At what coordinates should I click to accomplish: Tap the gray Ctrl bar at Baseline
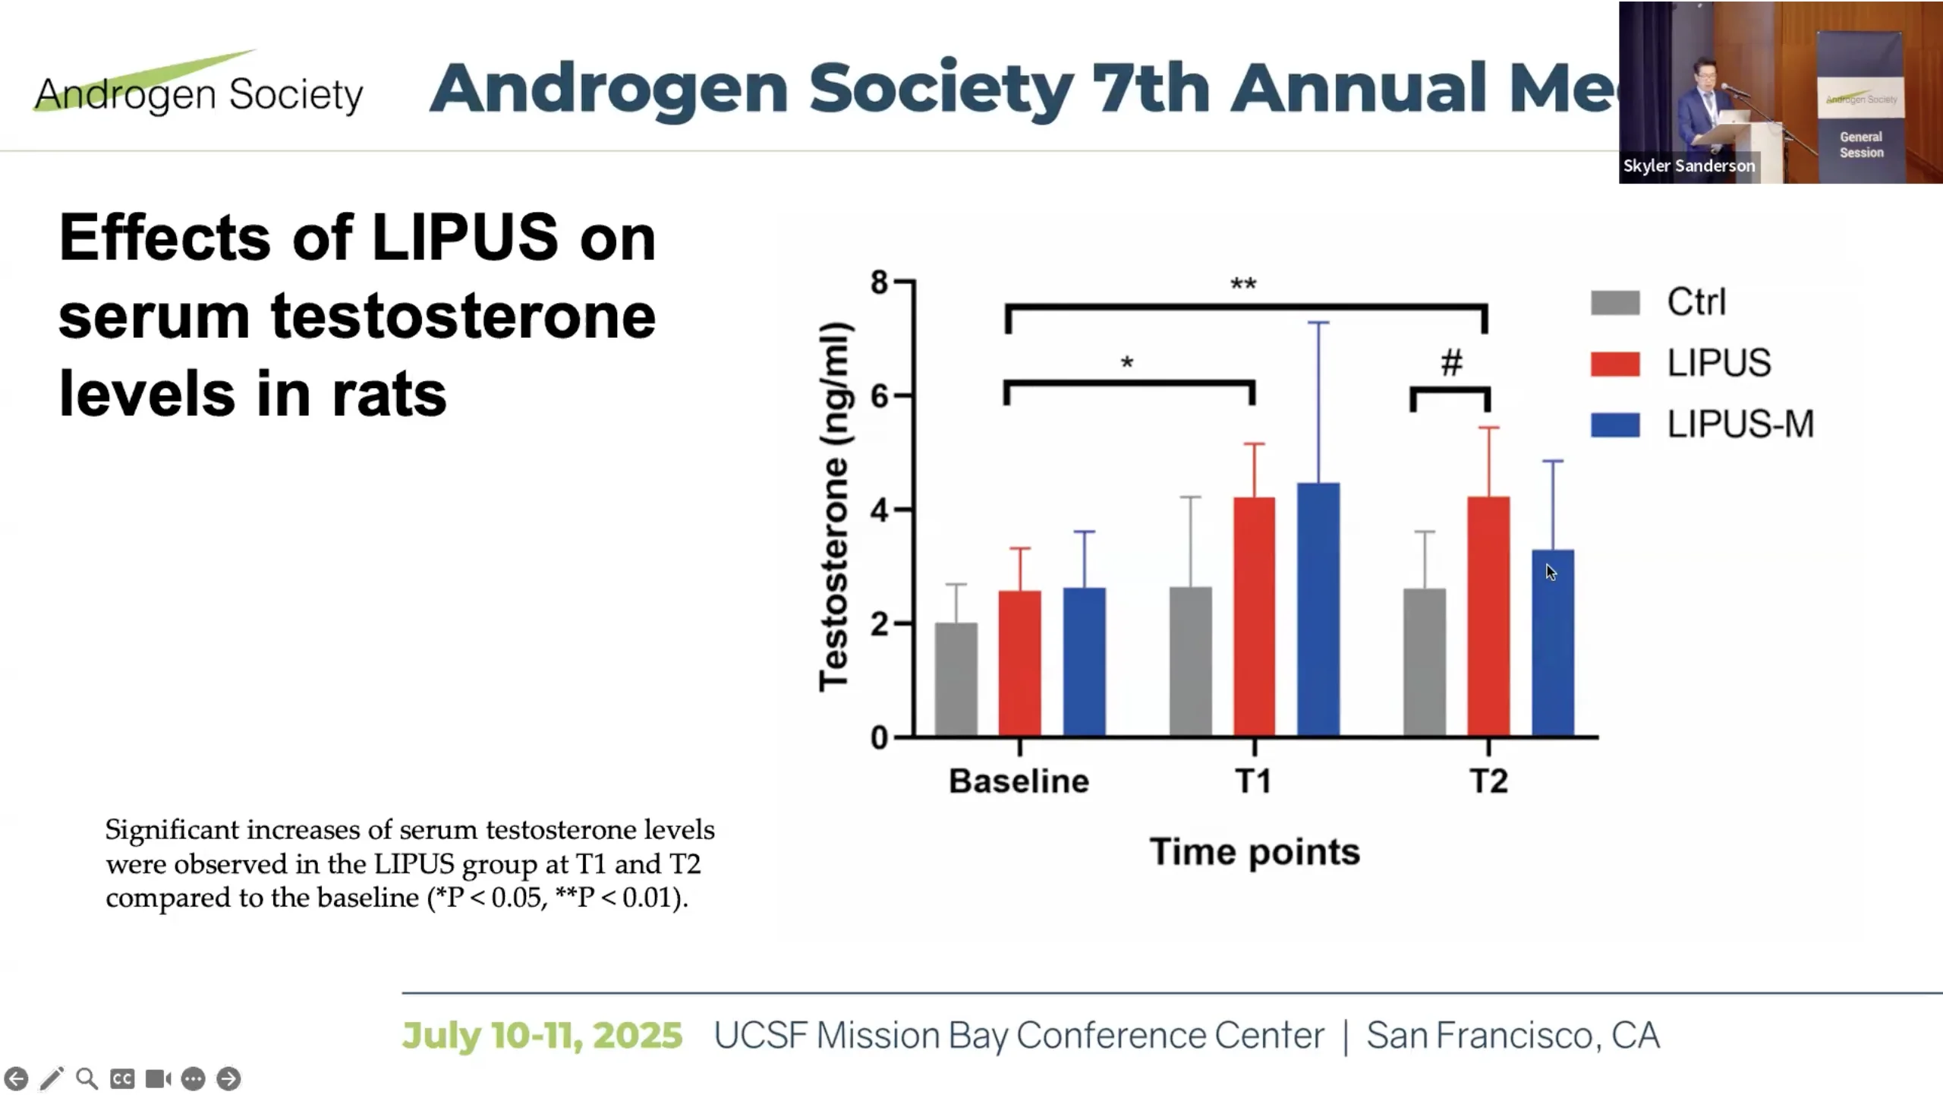point(956,680)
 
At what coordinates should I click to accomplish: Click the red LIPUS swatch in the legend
point(1615,364)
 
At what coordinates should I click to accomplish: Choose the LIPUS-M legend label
point(1740,424)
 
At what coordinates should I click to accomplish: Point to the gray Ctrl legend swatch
point(1615,302)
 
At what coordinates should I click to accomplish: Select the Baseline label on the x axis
point(1019,781)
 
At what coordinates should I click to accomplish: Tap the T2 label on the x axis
point(1488,781)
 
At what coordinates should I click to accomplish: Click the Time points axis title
point(1254,851)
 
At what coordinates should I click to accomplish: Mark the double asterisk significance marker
point(1243,285)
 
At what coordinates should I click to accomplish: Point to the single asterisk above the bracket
point(1127,363)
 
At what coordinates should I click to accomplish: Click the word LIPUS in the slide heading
point(464,238)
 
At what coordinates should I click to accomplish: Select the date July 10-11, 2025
point(542,1035)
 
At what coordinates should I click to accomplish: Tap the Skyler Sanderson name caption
point(1689,166)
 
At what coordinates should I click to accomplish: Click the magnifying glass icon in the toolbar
point(87,1078)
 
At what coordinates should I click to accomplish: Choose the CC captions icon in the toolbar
point(122,1078)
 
